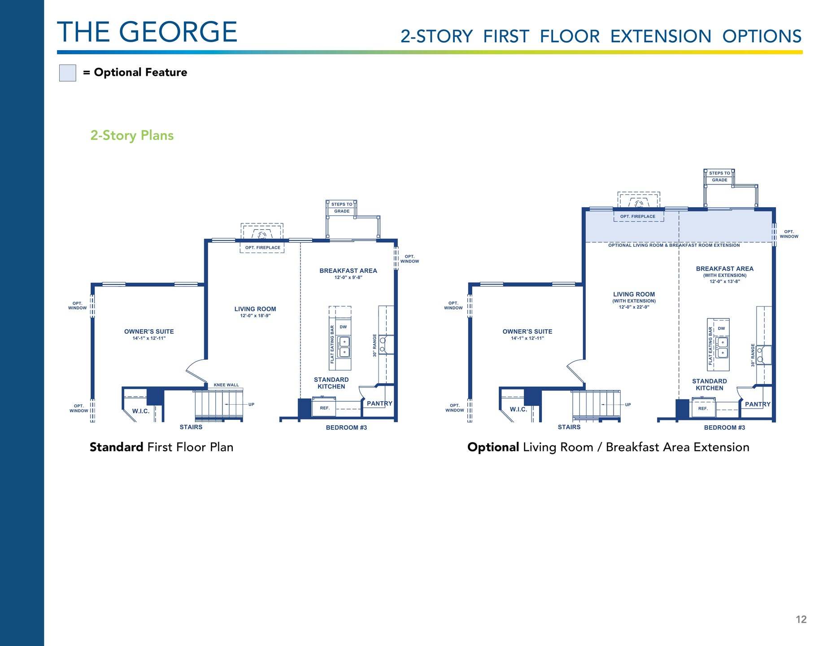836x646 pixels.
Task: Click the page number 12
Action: pos(801,620)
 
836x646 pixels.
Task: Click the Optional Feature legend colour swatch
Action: pos(68,73)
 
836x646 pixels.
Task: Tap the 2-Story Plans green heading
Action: pos(132,135)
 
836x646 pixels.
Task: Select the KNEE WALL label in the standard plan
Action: pos(226,385)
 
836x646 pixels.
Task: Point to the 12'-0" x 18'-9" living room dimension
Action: pos(255,316)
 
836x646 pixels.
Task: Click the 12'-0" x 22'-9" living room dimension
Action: pos(634,307)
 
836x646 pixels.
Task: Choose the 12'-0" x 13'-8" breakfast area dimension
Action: pos(725,281)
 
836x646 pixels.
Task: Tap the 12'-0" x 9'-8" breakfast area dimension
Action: pos(348,277)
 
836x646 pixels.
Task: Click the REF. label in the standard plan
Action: pos(325,408)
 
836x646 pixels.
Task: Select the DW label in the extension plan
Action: pos(721,328)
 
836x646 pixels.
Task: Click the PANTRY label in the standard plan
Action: pos(379,403)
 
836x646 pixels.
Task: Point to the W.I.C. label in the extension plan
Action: pos(518,410)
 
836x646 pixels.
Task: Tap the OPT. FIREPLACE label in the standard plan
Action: pos(263,248)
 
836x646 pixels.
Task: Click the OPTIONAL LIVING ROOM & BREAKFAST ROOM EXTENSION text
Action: pos(674,245)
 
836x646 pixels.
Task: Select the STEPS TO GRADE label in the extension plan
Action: pos(719,176)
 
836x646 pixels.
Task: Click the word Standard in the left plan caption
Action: pos(117,447)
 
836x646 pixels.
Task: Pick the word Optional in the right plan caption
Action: pos(493,447)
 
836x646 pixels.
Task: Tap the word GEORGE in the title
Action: pos(178,32)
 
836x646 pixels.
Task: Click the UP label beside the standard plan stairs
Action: pos(251,405)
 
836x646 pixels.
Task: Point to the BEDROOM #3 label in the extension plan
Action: pos(724,428)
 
